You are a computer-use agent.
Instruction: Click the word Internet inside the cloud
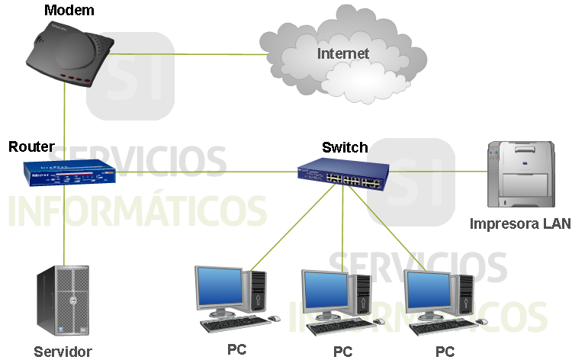[343, 53]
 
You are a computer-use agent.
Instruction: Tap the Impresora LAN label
[519, 224]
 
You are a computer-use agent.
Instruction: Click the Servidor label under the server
[63, 352]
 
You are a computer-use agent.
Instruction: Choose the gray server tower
[63, 302]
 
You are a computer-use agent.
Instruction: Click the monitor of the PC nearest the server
[219, 288]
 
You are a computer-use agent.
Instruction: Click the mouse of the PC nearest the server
[273, 317]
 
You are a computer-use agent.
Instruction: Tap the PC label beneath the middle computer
[342, 352]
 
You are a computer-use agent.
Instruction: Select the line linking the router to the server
[65, 229]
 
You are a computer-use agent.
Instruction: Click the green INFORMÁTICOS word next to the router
[137, 211]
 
